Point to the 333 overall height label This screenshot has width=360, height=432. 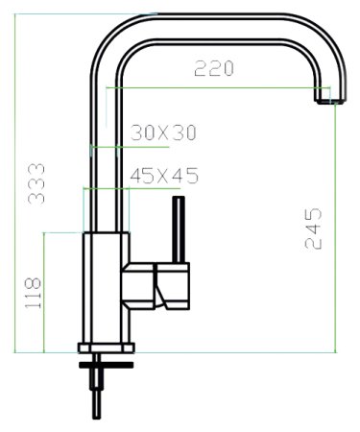click(36, 182)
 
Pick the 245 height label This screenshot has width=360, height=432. click(313, 228)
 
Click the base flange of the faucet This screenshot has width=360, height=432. click(105, 348)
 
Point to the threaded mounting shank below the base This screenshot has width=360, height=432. click(97, 389)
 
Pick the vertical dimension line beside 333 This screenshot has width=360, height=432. click(17, 182)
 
